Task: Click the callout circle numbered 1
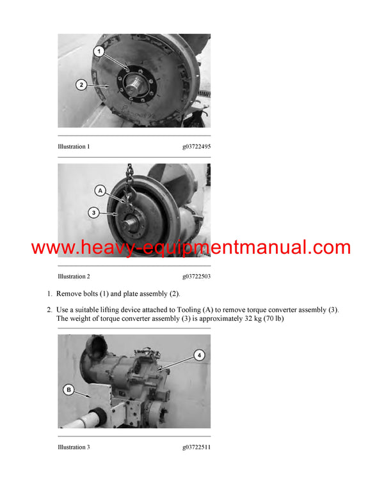[x=99, y=50]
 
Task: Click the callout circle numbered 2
[x=81, y=84]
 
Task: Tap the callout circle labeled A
[x=100, y=190]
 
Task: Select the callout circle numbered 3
[x=94, y=213]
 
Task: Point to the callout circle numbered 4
[x=199, y=355]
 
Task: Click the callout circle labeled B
[x=68, y=389]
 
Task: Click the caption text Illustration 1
[x=74, y=146]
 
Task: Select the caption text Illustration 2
[x=74, y=276]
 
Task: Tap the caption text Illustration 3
[x=74, y=447]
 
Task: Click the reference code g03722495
[x=196, y=146]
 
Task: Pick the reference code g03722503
[x=196, y=276]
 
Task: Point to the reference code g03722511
[x=196, y=447]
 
